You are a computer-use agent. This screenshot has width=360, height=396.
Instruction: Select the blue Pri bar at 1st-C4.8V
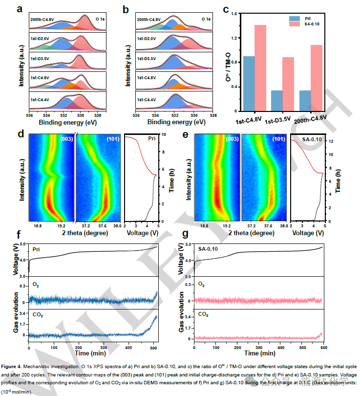[249, 83]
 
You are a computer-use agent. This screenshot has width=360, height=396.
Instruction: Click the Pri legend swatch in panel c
[294, 18]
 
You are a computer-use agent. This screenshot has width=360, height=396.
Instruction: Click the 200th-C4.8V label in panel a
[42, 19]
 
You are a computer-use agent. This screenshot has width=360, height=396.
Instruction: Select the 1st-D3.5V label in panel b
[147, 59]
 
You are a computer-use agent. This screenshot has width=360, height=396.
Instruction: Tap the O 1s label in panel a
[100, 19]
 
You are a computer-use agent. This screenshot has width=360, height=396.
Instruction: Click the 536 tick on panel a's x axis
[29, 115]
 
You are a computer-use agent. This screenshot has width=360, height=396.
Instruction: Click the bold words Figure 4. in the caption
[16, 366]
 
